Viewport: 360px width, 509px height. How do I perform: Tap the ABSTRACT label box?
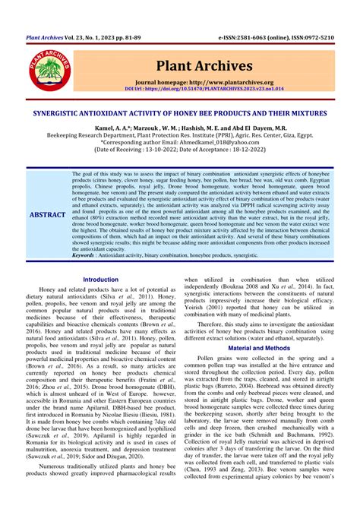[x=47, y=215]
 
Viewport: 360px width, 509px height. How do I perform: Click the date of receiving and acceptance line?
[x=179, y=150]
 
